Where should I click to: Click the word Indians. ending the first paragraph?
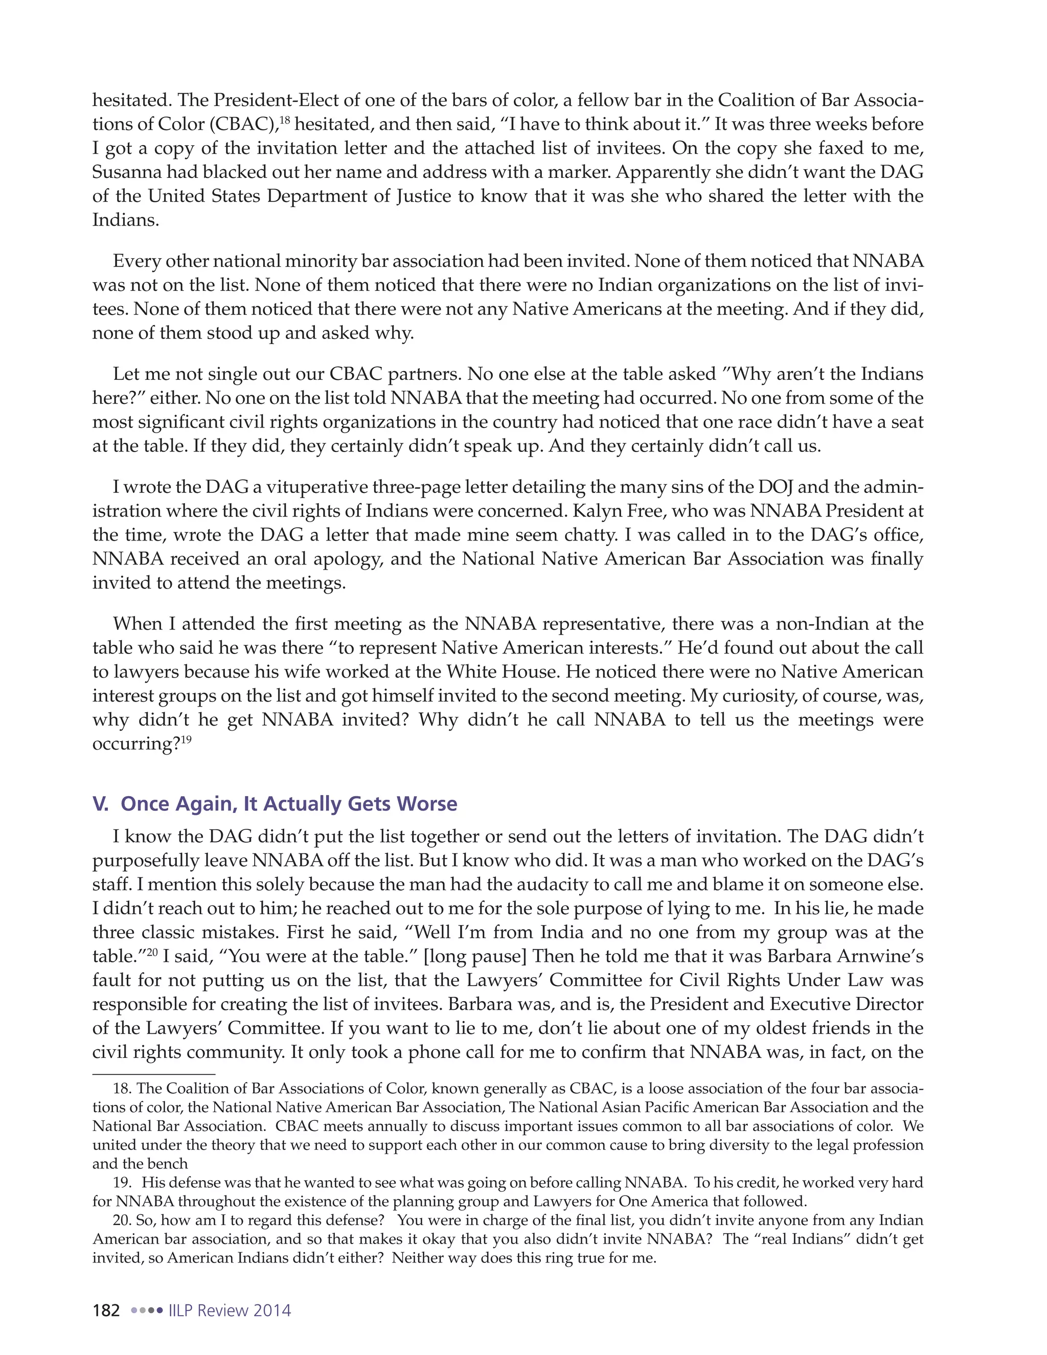[125, 220]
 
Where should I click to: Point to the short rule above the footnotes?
[153, 1074]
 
